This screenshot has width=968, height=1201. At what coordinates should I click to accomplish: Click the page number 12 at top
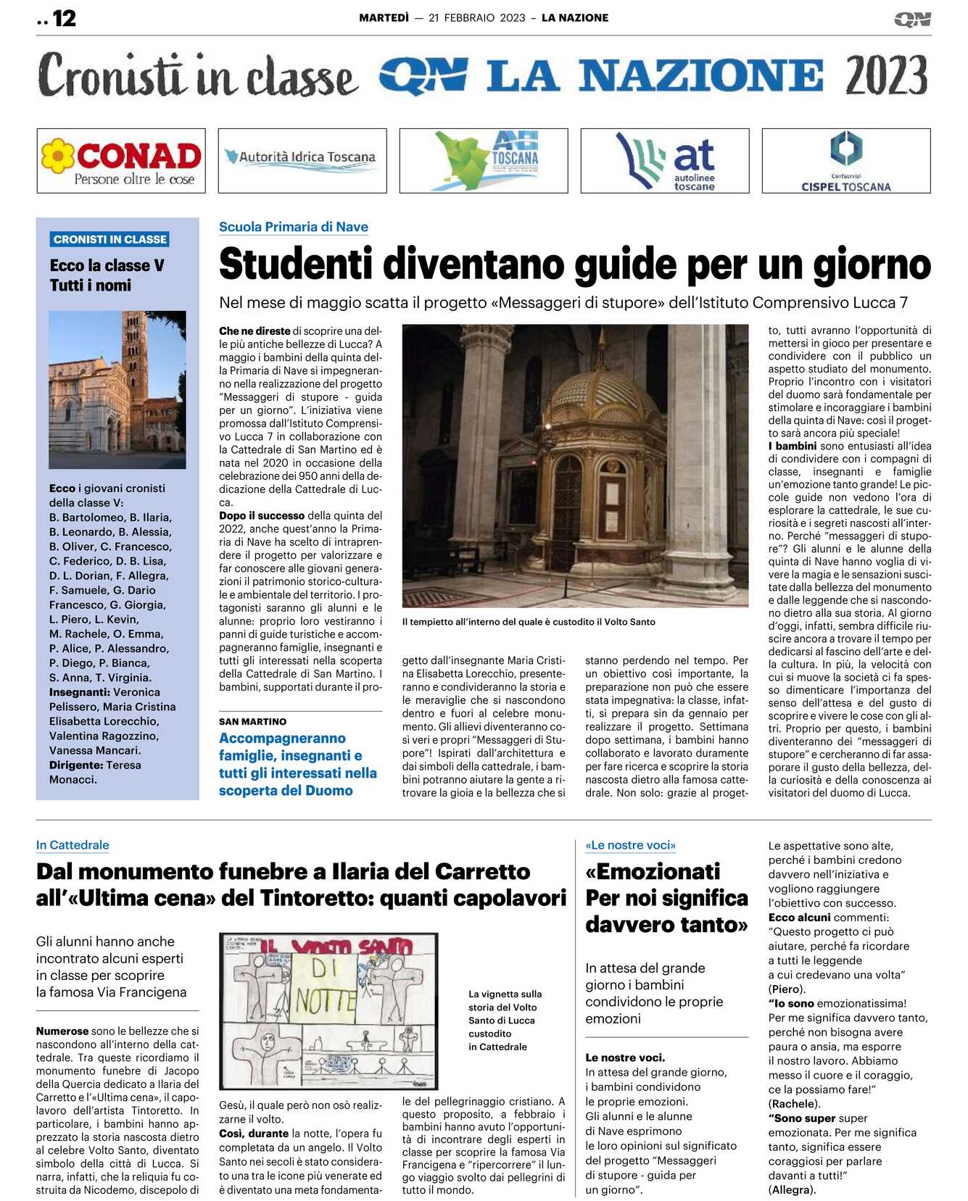coord(64,18)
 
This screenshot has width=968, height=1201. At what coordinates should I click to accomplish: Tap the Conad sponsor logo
coord(121,161)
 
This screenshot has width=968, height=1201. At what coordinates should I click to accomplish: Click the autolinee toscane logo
coord(665,161)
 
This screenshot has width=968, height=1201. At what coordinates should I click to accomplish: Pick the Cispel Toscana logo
coord(845,161)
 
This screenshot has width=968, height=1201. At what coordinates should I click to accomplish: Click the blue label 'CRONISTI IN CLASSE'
coord(110,239)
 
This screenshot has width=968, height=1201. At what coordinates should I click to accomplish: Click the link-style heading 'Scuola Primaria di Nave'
coord(294,227)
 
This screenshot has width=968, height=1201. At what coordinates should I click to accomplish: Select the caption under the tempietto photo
coord(529,622)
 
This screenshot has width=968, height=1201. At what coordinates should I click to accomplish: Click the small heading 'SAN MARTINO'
coord(252,722)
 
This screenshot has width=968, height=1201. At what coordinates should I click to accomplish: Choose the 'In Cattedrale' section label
coord(73,845)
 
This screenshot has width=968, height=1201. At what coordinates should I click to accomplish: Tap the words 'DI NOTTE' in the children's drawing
coord(326,986)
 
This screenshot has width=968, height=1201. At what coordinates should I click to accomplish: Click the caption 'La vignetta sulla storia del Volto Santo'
coord(505,1007)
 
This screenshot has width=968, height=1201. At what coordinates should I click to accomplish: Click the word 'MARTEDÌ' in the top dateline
coord(384,18)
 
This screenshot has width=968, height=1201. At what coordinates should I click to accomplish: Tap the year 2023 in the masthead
coord(886,75)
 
